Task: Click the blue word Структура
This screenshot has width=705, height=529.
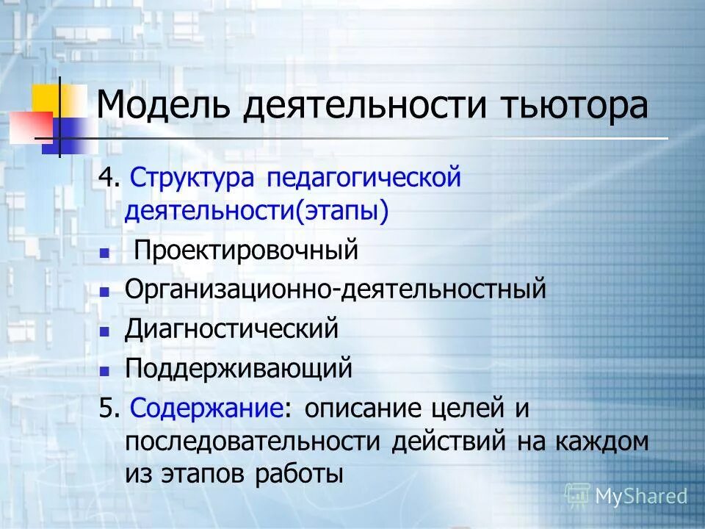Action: pyautogui.click(x=193, y=179)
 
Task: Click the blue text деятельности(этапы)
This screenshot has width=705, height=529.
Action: pyautogui.click(x=256, y=212)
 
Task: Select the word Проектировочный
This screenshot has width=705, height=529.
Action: pyautogui.click(x=245, y=251)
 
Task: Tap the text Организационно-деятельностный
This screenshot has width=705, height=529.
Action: pyautogui.click(x=335, y=289)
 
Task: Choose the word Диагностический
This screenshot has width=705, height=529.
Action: pyautogui.click(x=231, y=328)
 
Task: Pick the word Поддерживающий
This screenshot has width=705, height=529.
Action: pyautogui.click(x=239, y=367)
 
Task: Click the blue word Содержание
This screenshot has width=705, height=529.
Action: pyautogui.click(x=206, y=407)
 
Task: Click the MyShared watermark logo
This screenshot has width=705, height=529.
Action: pyautogui.click(x=626, y=496)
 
